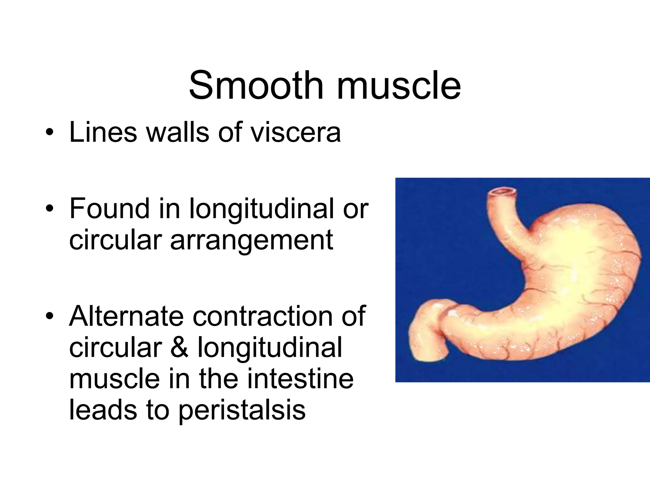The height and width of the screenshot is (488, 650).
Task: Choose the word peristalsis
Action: click(242, 410)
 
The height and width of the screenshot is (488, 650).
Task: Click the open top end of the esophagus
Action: click(502, 192)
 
